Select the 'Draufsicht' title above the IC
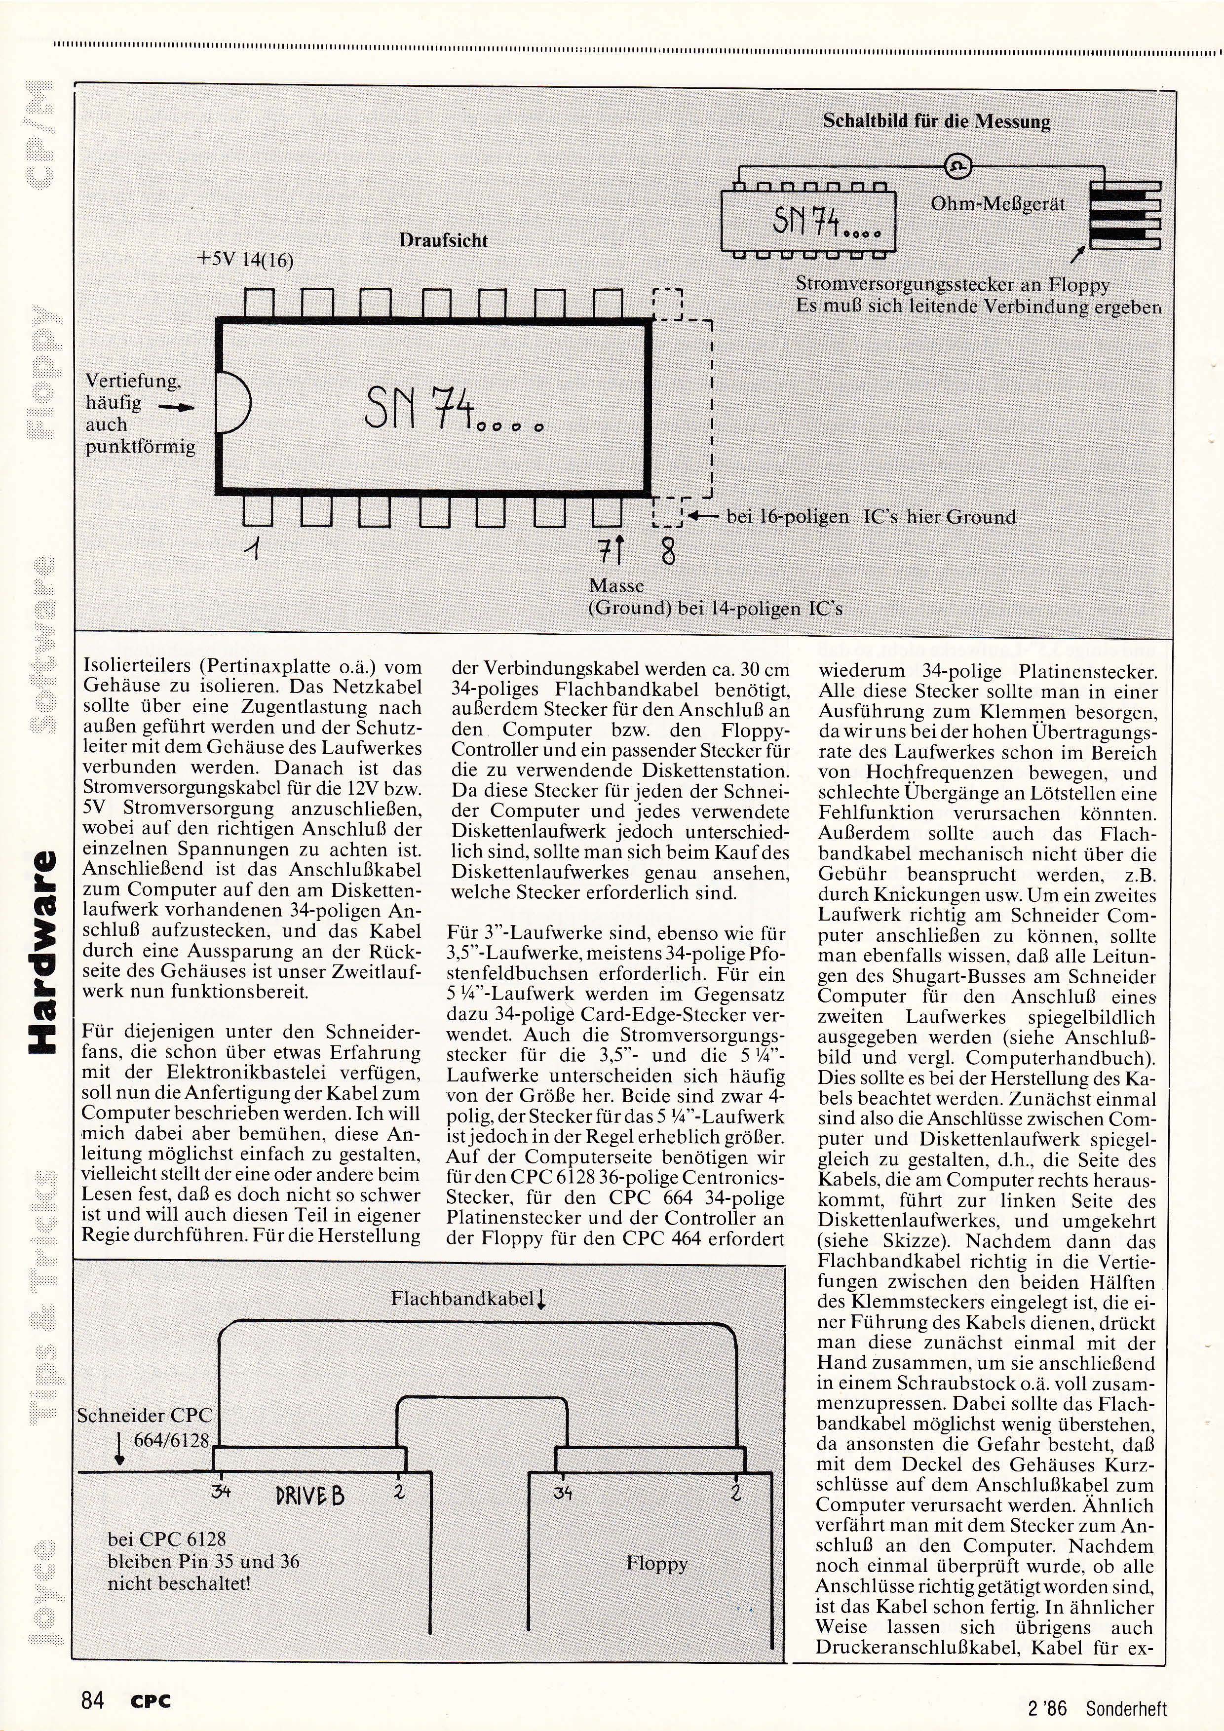pyautogui.click(x=443, y=241)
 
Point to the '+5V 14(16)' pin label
pyautogui.click(x=244, y=261)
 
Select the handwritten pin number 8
pyautogui.click(x=668, y=553)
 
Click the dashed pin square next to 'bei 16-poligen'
pyautogui.click(x=667, y=513)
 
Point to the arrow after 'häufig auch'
pyautogui.click(x=176, y=408)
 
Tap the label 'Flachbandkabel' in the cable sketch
pyautogui.click(x=462, y=1298)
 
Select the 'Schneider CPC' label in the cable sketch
pyautogui.click(x=144, y=1416)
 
